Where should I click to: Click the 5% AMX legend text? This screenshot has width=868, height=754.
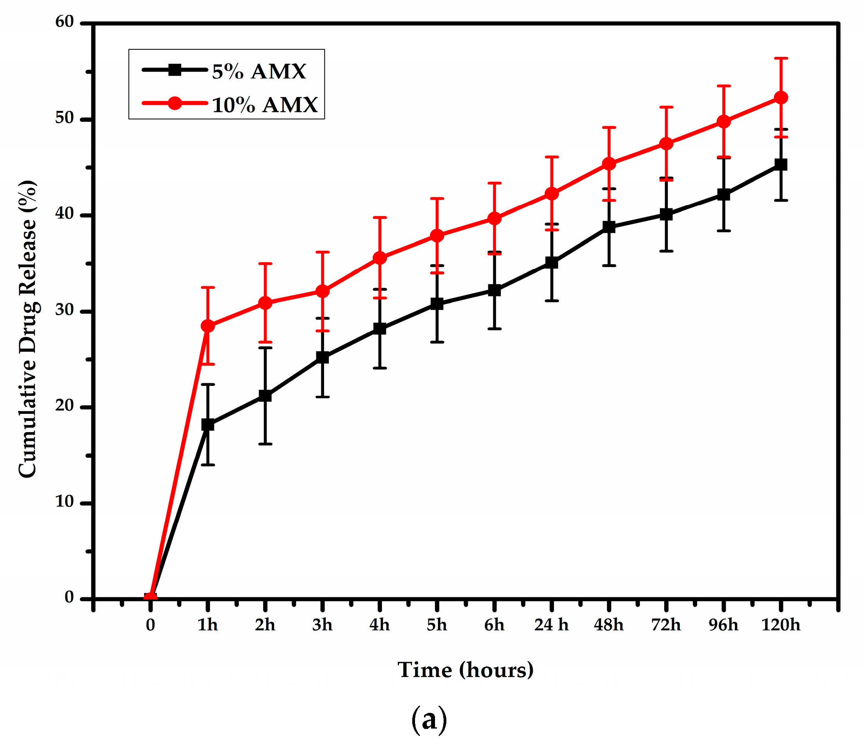(x=258, y=72)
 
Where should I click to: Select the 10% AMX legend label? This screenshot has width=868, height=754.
(x=265, y=105)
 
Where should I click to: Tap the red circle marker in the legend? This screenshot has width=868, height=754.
(x=175, y=103)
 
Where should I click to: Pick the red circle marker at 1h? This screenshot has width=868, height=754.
(x=208, y=326)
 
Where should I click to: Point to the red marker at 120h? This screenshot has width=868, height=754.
(x=781, y=97)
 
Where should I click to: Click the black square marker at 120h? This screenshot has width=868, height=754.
(x=781, y=164)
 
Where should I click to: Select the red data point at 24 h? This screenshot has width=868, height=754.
(x=552, y=193)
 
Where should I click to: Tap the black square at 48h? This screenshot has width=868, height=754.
(x=609, y=227)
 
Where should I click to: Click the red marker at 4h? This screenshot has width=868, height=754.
(x=380, y=258)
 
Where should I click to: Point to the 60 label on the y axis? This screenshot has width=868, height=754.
(x=64, y=22)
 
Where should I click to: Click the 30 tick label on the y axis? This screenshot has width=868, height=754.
(x=64, y=310)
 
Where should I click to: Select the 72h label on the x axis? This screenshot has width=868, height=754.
(x=666, y=625)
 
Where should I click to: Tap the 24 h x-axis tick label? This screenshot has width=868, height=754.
(x=551, y=625)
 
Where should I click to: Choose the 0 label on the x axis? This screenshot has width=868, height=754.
(x=150, y=625)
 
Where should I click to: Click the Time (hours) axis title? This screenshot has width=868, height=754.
(x=466, y=670)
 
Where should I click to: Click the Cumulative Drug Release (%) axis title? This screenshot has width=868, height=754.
(x=28, y=329)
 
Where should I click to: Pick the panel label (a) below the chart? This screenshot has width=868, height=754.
(x=429, y=720)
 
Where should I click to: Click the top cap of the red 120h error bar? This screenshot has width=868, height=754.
(x=781, y=58)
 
